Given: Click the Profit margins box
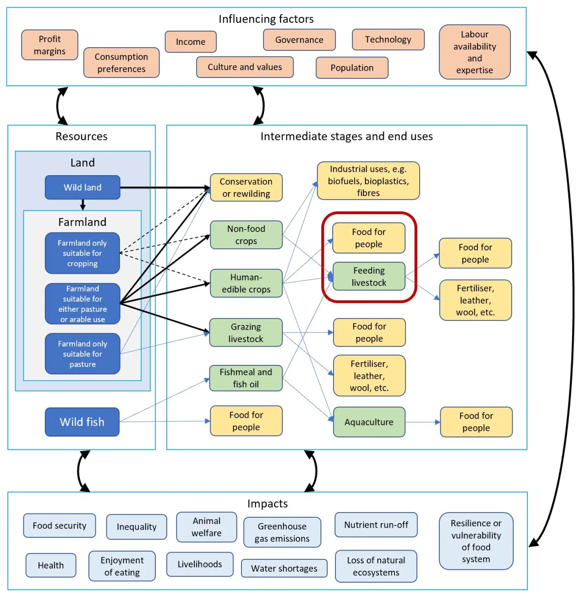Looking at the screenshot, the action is (49, 45).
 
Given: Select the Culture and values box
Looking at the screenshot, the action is (245, 67).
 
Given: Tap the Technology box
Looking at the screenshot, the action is (388, 39).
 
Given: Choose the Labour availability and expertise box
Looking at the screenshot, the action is (474, 52).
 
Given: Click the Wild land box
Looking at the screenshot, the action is (82, 187).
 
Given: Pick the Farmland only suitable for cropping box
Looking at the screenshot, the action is (82, 253).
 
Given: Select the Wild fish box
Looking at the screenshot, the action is (82, 422).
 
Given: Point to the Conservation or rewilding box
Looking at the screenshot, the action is (246, 188).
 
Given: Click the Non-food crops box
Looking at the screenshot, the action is (246, 235).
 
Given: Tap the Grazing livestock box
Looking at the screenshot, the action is (246, 332).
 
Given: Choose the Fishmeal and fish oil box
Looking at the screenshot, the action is (246, 378).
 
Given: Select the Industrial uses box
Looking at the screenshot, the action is (368, 181).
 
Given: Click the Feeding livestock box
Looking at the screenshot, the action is (369, 276).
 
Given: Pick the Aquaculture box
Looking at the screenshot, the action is (369, 422).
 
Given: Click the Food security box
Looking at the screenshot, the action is (60, 525).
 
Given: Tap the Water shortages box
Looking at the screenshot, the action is (284, 568).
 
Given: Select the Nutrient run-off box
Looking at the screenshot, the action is (376, 524).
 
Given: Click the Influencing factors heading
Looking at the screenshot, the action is (266, 19).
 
